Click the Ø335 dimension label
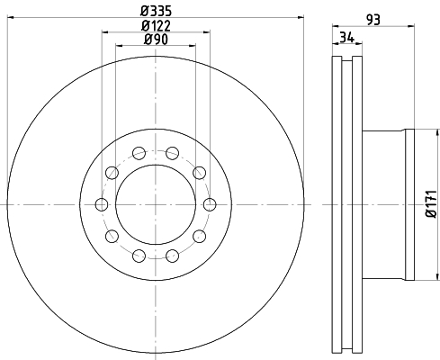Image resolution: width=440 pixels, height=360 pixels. (155, 11)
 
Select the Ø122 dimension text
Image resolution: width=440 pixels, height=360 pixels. (155, 25)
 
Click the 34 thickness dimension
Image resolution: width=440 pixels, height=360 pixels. (346, 36)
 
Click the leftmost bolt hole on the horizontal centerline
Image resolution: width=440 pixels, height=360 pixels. (102, 204)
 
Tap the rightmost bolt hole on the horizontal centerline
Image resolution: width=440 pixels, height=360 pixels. (209, 204)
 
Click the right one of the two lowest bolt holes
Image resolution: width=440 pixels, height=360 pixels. (172, 256)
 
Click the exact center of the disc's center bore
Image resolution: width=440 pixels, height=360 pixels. (155, 204)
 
